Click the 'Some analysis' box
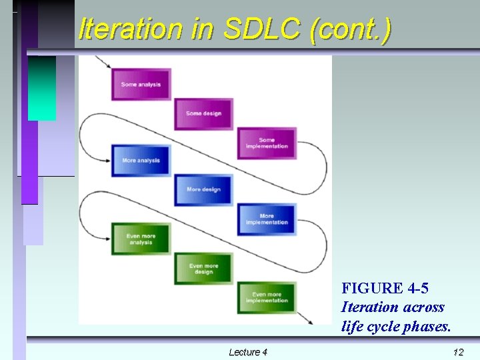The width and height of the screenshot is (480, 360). pyautogui.click(x=141, y=85)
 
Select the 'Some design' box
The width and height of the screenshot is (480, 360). pyautogui.click(x=203, y=114)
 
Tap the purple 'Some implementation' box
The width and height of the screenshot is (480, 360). pyautogui.click(x=267, y=143)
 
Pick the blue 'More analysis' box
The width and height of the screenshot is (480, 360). pyautogui.click(x=141, y=161)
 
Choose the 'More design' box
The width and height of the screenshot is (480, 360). pyautogui.click(x=203, y=190)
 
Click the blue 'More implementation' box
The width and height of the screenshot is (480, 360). pyautogui.click(x=267, y=219)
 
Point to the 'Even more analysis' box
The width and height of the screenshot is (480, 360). pyautogui.click(x=141, y=238)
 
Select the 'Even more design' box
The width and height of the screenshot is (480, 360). pyautogui.click(x=203, y=269)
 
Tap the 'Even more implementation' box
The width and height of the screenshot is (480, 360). pyautogui.click(x=267, y=297)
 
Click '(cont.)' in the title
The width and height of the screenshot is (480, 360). pyautogui.click(x=349, y=29)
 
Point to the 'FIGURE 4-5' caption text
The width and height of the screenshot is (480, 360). pyautogui.click(x=385, y=289)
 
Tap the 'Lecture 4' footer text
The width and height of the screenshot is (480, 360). pyautogui.click(x=247, y=351)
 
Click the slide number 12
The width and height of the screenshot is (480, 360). pyautogui.click(x=457, y=351)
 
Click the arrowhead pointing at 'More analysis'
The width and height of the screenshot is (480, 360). pyautogui.click(x=107, y=160)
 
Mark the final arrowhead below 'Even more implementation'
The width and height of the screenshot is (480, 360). pyautogui.click(x=310, y=321)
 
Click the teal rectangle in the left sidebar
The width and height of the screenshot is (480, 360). pyautogui.click(x=42, y=87)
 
